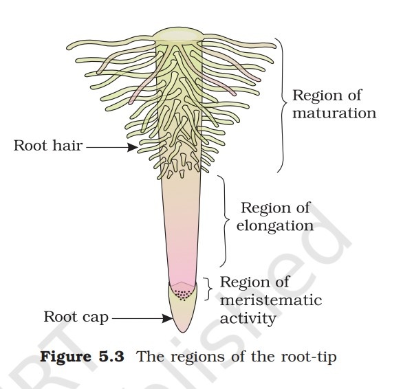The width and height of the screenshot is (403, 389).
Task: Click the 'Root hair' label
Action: click(48, 146)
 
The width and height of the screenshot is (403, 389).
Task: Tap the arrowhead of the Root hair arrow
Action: click(133, 147)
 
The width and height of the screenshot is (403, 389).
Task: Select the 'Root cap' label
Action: click(76, 317)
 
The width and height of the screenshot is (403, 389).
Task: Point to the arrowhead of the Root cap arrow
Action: click(168, 319)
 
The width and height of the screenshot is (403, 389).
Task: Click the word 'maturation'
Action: click(334, 113)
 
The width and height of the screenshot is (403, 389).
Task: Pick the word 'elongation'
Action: click(275, 226)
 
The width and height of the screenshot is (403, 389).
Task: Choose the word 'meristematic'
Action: click(271, 300)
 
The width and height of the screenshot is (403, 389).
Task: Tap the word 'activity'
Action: click(248, 319)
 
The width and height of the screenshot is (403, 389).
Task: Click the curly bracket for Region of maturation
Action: click(283, 105)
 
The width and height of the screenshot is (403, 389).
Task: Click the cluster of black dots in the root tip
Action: click(182, 294)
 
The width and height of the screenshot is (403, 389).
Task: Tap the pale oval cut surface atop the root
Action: click(179, 36)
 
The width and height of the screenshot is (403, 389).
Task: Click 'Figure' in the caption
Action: click(66, 357)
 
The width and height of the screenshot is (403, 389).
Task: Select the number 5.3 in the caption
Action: click(111, 357)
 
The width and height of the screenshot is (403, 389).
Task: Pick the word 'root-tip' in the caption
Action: click(309, 357)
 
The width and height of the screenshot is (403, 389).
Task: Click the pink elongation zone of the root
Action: click(182, 231)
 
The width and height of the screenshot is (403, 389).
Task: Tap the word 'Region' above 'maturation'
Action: click(316, 96)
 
